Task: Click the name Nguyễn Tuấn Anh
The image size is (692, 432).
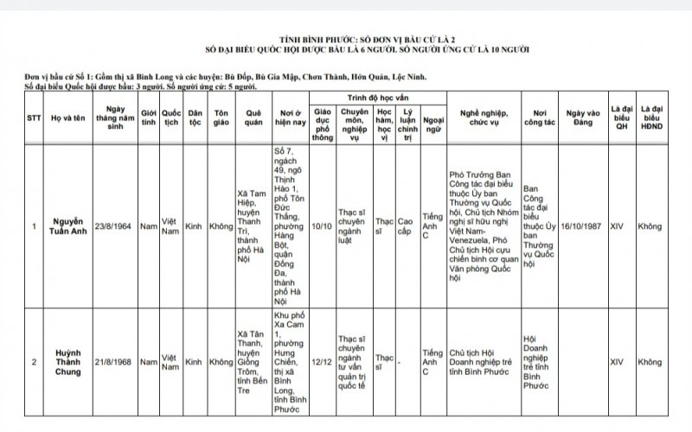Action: coord(67,227)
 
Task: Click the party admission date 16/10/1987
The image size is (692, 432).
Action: coord(580,227)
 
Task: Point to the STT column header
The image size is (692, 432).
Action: coord(33,117)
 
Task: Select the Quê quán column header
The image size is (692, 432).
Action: coord(253,117)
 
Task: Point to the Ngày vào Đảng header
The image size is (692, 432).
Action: coord(580,117)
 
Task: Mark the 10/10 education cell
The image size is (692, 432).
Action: coord(322,227)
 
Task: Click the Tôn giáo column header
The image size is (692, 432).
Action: coord(221,117)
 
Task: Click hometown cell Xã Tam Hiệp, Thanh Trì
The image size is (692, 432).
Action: coord(253,227)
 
